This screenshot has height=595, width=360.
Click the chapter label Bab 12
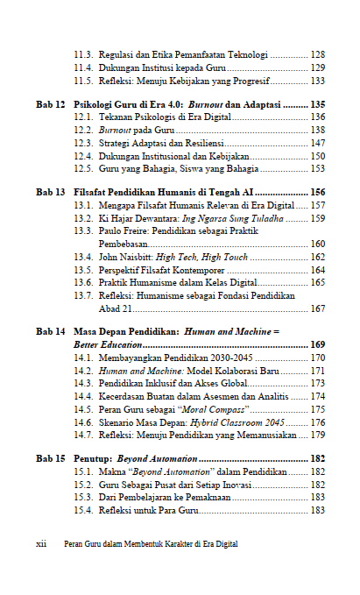click(x=50, y=104)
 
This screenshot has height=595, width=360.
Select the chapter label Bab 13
click(x=50, y=192)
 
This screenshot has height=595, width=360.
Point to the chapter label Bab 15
click(x=50, y=458)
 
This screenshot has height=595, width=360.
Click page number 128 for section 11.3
click(x=318, y=54)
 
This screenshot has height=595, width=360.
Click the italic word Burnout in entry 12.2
click(x=114, y=130)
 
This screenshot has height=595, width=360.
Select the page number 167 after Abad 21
click(x=318, y=308)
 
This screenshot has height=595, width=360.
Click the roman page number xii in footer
click(x=41, y=544)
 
